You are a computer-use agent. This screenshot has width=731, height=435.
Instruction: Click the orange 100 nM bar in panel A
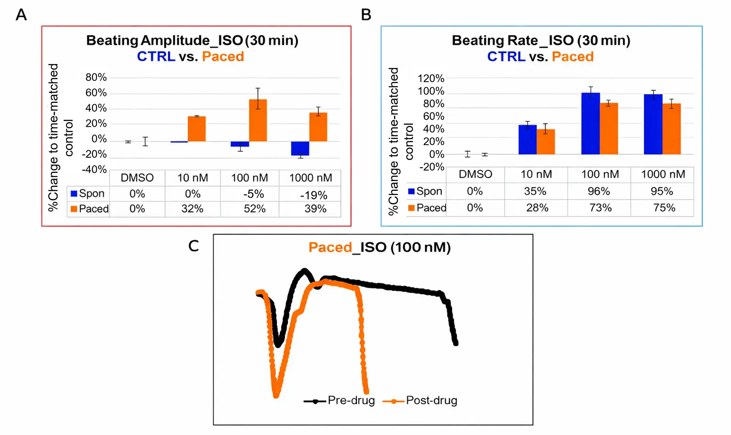[258, 120]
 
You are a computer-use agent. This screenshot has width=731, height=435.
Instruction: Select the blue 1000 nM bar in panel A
[300, 148]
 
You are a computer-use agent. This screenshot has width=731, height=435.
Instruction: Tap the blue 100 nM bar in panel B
[591, 123]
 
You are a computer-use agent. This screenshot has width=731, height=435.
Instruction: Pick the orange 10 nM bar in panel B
[546, 142]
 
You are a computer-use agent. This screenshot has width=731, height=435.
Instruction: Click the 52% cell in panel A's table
[254, 209]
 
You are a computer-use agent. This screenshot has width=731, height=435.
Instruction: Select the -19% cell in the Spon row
[313, 195]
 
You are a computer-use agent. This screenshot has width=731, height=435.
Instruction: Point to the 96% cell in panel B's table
[599, 191]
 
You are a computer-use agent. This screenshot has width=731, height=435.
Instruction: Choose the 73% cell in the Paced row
[600, 208]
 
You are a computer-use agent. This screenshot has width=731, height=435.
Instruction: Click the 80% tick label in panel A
[96, 77]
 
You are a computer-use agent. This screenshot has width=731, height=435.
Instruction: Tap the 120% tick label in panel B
[431, 78]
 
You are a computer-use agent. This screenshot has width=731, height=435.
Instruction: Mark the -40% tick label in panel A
[94, 170]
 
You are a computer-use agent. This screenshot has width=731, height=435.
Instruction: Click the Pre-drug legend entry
[339, 401]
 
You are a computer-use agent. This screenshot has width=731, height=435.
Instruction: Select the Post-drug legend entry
[420, 401]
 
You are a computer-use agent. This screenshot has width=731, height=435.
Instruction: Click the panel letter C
[193, 246]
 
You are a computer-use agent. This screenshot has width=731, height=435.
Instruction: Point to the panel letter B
[366, 15]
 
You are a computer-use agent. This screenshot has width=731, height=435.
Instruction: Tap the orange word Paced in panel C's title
[330, 247]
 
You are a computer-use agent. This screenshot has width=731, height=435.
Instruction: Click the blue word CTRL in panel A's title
[156, 56]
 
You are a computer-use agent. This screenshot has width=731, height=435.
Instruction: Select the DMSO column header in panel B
[475, 174]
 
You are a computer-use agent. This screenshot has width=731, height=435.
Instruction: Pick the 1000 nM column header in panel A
[310, 178]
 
